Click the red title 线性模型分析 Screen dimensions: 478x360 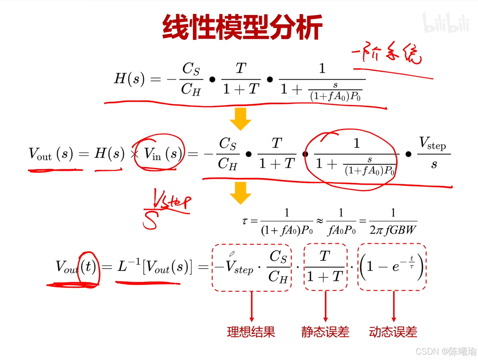tap(242, 27)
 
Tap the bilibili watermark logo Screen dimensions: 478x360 tap(446, 23)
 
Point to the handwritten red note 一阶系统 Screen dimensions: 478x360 tap(386, 53)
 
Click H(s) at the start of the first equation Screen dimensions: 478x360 tap(129, 79)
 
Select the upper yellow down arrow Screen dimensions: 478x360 tap(241, 119)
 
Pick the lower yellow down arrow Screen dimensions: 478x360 tap(241, 193)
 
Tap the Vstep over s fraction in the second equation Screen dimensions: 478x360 tap(434, 153)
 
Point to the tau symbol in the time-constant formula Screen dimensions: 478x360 tap(245, 221)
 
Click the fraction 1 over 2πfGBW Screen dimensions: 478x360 tap(393, 221)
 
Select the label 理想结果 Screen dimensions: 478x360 tap(251, 332)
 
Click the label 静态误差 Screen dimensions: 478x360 tap(325, 332)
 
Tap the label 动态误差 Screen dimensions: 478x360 tap(393, 332)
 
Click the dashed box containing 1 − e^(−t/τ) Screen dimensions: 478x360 tap(392, 267)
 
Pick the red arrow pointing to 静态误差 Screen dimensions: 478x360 tap(325, 306)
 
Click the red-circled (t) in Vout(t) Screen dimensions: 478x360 tap(89, 267)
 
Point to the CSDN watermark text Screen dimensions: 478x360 tap(446, 351)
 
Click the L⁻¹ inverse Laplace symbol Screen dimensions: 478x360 tap(128, 266)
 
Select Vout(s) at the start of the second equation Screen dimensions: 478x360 tap(51, 154)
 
